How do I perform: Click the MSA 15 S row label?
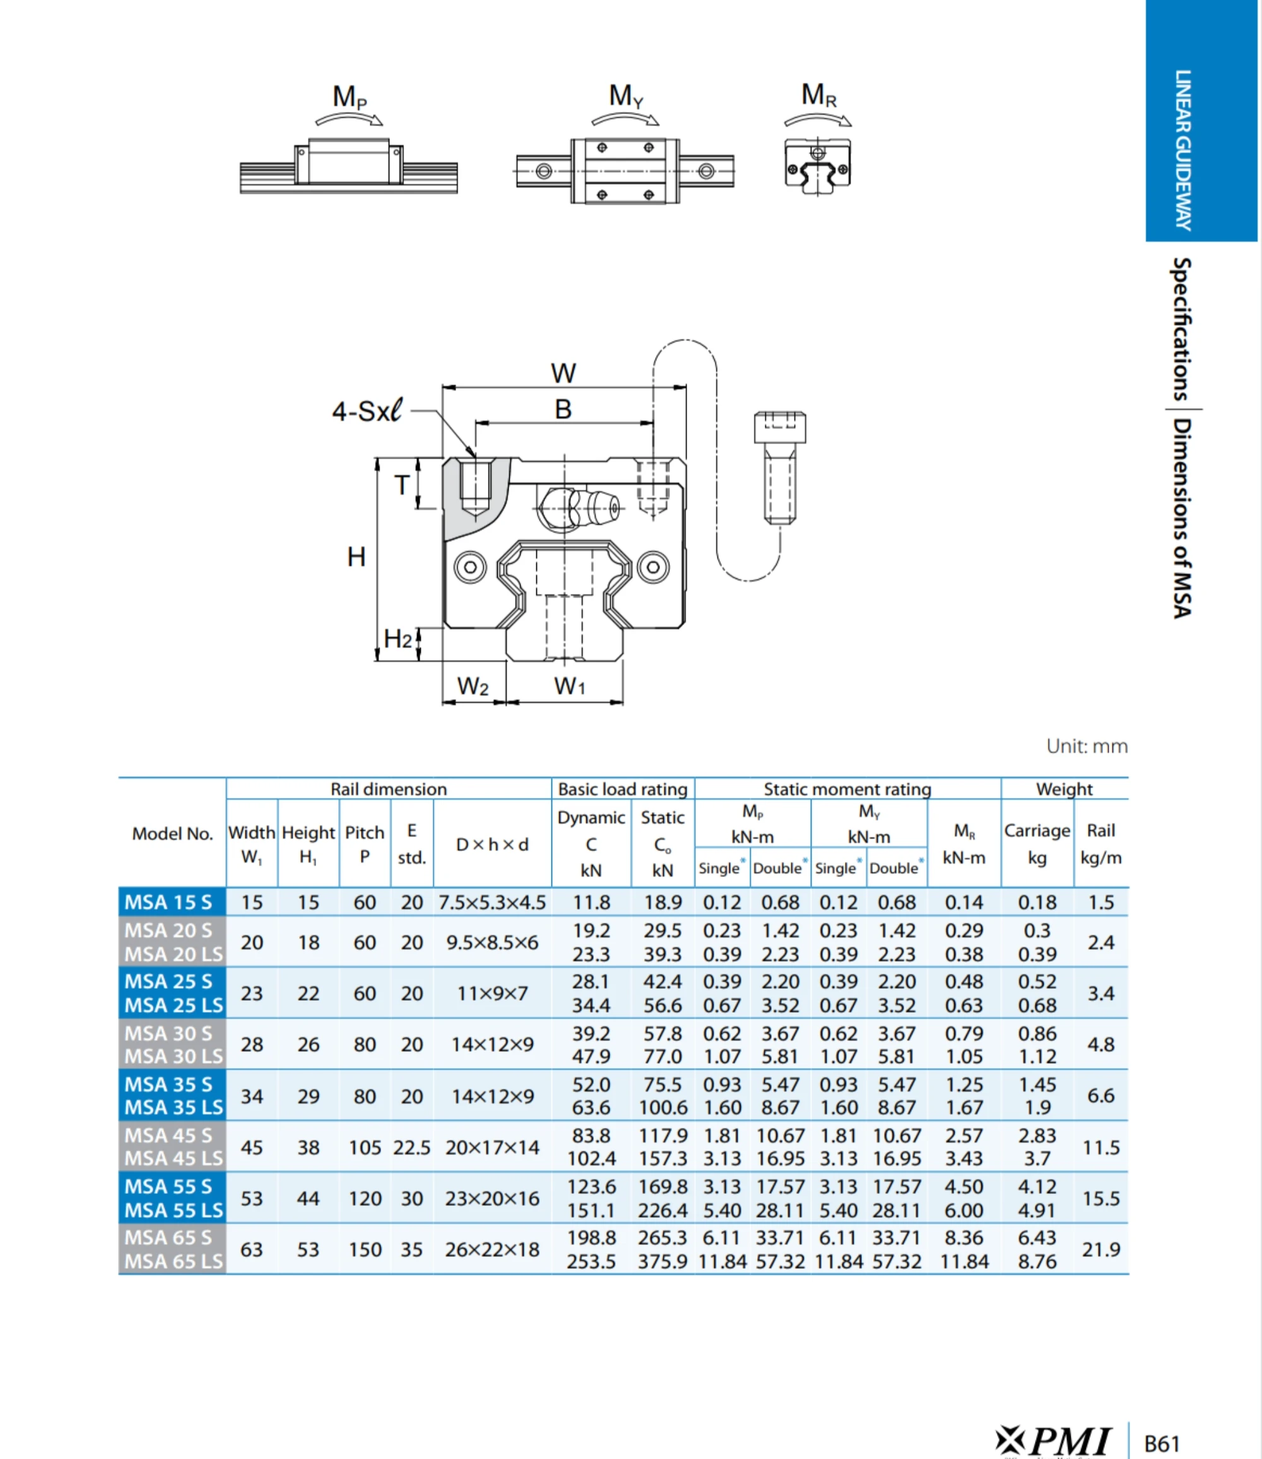(x=168, y=902)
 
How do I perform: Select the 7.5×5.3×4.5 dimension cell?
(x=492, y=902)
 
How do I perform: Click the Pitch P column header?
(x=364, y=844)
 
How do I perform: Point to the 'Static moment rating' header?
(x=847, y=789)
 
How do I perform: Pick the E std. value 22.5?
(x=411, y=1147)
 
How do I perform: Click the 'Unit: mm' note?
(x=1086, y=746)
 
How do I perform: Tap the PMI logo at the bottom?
(x=1054, y=1439)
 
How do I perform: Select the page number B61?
(x=1161, y=1443)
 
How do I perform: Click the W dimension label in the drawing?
(x=563, y=373)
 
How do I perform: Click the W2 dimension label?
(x=473, y=686)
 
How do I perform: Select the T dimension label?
(x=401, y=485)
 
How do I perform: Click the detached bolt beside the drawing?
(x=779, y=468)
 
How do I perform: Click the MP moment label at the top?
(x=350, y=97)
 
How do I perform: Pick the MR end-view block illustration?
(x=817, y=166)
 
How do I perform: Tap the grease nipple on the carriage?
(x=595, y=507)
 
